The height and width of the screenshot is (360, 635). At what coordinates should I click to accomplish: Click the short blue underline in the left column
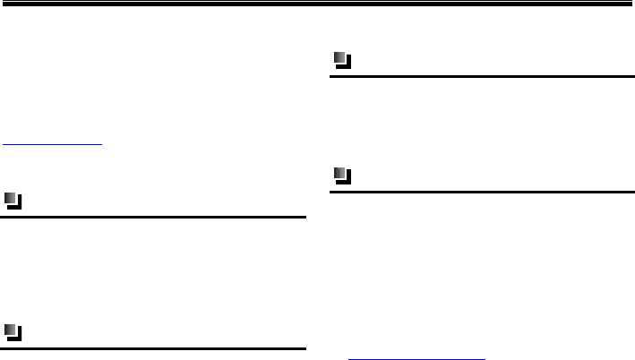click(x=52, y=142)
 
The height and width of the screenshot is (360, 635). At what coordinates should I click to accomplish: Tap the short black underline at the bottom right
click(x=416, y=356)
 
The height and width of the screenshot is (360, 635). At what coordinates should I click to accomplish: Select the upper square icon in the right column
click(x=341, y=61)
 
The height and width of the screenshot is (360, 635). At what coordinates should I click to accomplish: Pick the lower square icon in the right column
click(x=341, y=175)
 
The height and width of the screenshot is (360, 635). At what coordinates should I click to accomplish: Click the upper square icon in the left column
click(x=13, y=201)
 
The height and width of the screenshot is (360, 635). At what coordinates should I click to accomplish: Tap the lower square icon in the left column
click(x=13, y=332)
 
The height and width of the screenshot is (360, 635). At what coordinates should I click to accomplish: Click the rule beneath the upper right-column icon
click(x=482, y=77)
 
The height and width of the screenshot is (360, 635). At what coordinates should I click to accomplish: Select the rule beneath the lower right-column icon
click(x=482, y=192)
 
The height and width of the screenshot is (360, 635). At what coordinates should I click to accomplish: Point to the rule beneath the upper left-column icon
click(x=153, y=217)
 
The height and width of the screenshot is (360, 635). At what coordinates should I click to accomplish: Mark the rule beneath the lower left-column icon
click(x=153, y=347)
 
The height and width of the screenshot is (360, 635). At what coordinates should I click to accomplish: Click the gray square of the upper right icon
click(x=339, y=59)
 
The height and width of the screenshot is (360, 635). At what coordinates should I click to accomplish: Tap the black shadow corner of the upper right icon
click(x=348, y=67)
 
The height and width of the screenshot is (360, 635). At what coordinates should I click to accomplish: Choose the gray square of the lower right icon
click(x=339, y=173)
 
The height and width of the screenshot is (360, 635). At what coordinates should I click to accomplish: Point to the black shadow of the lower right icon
click(x=348, y=181)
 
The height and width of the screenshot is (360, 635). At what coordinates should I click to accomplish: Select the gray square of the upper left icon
click(x=11, y=199)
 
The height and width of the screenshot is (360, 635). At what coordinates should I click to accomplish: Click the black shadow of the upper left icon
click(x=19, y=207)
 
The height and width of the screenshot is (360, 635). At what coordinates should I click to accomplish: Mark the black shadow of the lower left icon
click(x=19, y=339)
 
